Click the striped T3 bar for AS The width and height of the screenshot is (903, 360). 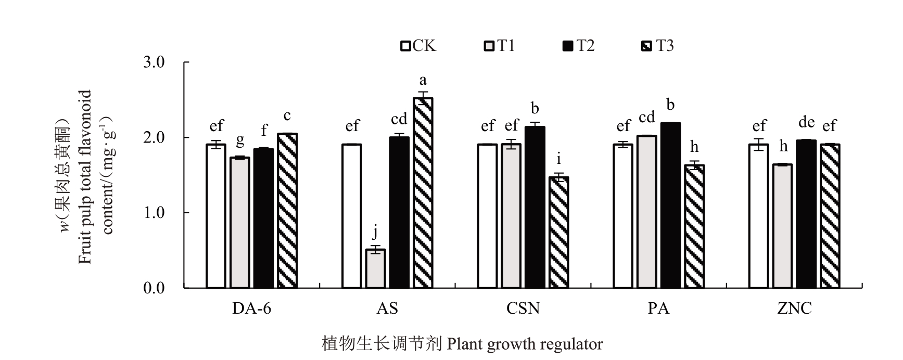point(423,193)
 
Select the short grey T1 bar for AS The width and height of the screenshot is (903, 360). point(375,269)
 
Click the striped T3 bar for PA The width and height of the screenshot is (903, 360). point(694,226)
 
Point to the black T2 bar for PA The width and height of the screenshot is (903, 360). point(670,205)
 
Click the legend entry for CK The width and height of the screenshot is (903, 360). point(418,46)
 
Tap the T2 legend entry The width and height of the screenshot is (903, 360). point(578,46)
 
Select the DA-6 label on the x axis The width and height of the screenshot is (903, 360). point(251,309)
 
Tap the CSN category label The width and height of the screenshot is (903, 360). point(523,309)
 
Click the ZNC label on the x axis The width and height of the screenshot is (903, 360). point(794,309)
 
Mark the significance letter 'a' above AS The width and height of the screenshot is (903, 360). point(423,81)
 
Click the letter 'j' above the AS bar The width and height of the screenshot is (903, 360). point(375,232)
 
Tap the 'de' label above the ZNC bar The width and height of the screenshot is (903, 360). point(806,122)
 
